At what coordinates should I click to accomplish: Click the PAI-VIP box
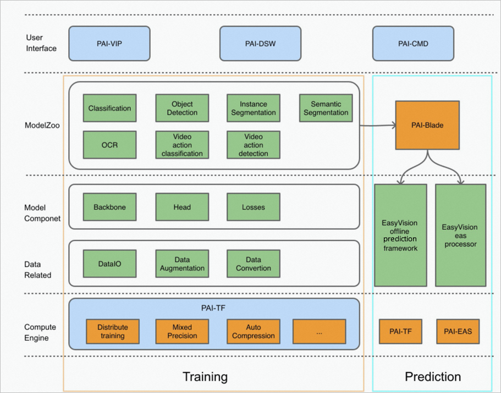pos(109,43)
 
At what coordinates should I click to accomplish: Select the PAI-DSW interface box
pos(260,43)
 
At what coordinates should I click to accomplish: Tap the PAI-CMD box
pos(413,43)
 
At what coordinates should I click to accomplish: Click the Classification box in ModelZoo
pos(109,108)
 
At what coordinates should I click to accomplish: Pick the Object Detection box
pos(182,108)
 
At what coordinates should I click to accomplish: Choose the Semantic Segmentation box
pos(326,108)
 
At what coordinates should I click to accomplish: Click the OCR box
pos(109,145)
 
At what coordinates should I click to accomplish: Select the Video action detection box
pos(254,145)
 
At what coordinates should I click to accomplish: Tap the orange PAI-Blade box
pos(427,125)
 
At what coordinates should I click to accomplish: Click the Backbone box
pos(109,207)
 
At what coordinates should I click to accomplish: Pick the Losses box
pos(254,207)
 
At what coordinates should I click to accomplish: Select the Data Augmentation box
pos(182,264)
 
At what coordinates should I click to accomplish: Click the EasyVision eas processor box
pos(460,235)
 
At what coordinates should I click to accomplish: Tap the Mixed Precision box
pos(182,331)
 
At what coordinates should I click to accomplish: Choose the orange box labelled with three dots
pos(319,331)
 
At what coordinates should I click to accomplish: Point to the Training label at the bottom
pos(205,377)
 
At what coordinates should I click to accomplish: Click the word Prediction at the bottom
pos(433,377)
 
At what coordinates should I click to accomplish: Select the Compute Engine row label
pos(40,333)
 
